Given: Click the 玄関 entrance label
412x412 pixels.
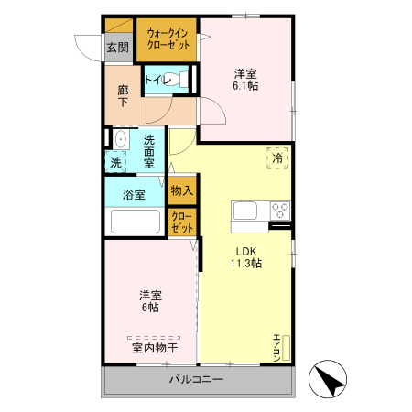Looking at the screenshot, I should coord(116,49).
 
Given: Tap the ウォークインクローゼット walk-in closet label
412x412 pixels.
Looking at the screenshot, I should coord(167,39).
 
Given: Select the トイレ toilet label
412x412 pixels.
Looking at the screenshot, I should coord(157,81).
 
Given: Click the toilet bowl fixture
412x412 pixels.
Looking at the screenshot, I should coord(182,81).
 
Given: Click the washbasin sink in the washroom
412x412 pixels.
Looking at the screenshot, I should coord(119,141).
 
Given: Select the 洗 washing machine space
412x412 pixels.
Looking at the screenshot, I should coord(116,162).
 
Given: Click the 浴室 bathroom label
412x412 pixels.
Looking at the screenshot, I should coord(135,194).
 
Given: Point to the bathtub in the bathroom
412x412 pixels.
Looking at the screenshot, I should coord(135,222).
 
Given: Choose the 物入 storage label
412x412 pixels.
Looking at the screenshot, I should coord(181,191).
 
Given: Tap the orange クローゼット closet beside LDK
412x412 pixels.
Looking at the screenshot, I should coord(181,222).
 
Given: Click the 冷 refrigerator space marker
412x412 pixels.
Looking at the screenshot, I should coord(277,158).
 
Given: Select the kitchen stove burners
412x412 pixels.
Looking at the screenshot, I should coord(280,210).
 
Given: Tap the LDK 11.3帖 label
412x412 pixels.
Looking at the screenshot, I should coord(245,257).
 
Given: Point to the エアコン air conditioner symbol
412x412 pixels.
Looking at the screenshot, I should coord(283,349).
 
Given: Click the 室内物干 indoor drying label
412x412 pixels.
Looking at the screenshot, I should coord(154,347).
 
